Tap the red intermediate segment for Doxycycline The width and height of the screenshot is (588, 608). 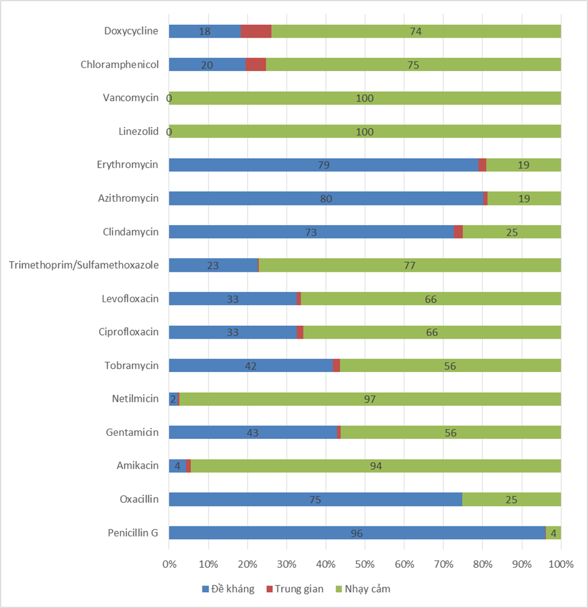click(256, 31)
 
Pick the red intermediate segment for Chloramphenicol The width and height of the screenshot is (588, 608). click(256, 64)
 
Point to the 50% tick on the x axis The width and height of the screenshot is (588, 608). click(365, 564)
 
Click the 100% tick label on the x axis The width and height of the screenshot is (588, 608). click(561, 564)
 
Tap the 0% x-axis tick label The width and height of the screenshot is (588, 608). click(169, 564)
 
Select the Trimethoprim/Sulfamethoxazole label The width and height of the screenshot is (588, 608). click(84, 265)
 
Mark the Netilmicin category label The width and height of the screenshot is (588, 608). click(135, 399)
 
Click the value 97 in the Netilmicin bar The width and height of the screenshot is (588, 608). click(370, 399)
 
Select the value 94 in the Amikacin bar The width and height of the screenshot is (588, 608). click(376, 466)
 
